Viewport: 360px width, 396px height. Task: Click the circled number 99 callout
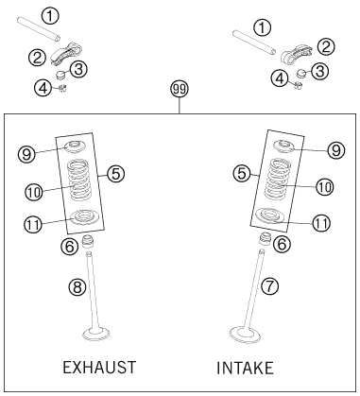[x=180, y=89]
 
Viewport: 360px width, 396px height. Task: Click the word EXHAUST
[x=99, y=368]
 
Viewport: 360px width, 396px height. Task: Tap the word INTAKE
[x=245, y=368]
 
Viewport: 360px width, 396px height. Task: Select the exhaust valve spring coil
[x=78, y=181]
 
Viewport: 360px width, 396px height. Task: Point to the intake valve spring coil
[x=277, y=179]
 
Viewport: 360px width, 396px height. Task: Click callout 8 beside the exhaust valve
[x=77, y=287]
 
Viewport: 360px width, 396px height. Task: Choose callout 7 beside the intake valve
[x=270, y=286]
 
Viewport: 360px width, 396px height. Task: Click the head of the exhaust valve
[x=95, y=334]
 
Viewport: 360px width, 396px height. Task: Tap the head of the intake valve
[x=245, y=335]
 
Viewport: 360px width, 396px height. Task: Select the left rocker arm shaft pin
[x=39, y=29]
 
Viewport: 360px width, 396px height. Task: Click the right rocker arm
[x=296, y=53]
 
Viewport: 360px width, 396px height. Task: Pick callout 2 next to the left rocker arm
[x=38, y=58]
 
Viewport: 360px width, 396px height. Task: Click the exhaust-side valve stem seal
[x=89, y=241]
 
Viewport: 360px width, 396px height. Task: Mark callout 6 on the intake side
[x=282, y=244]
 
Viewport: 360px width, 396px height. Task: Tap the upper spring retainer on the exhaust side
[x=75, y=147]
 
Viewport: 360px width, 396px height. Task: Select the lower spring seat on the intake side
[x=269, y=215]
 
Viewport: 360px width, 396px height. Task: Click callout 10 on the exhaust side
[x=34, y=192]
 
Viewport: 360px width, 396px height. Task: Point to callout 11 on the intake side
[x=321, y=223]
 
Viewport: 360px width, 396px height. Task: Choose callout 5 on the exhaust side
[x=116, y=173]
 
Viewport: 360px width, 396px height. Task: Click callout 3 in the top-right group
[x=320, y=71]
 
